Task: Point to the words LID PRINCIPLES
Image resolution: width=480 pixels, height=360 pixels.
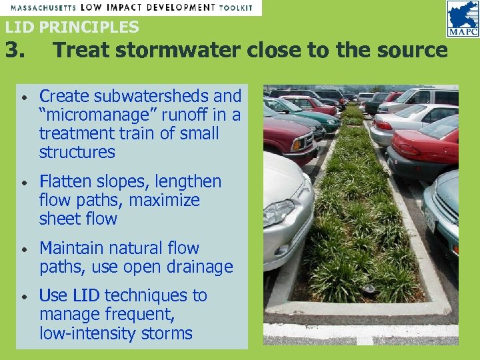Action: [72, 27]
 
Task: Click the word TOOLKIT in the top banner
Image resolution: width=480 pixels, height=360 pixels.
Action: [236, 7]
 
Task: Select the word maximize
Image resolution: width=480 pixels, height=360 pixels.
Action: [164, 200]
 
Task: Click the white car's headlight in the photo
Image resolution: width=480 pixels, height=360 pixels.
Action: [279, 213]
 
